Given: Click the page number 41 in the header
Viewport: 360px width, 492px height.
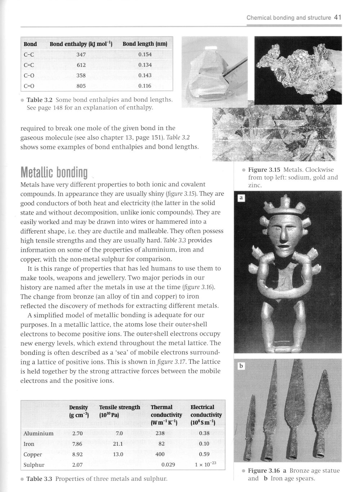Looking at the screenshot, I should pyautogui.click(x=337, y=17).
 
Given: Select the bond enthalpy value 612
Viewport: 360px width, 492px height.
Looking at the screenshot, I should pyautogui.click(x=81, y=65).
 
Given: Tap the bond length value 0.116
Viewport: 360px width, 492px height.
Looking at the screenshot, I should pyautogui.click(x=145, y=86).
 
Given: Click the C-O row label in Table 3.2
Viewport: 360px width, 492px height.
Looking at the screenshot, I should pyautogui.click(x=29, y=76).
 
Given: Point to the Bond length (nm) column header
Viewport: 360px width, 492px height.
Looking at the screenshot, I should pyautogui.click(x=145, y=44).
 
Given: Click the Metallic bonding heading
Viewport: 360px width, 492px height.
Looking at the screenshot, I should pyautogui.click(x=54, y=173).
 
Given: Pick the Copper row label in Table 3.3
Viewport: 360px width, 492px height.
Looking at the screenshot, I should pyautogui.click(x=33, y=455).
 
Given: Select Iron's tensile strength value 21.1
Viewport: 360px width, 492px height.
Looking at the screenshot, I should pyautogui.click(x=118, y=444).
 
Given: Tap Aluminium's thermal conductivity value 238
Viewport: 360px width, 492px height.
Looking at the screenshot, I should pyautogui.click(x=160, y=434).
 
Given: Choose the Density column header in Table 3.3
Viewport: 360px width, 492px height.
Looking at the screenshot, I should pyautogui.click(x=78, y=407).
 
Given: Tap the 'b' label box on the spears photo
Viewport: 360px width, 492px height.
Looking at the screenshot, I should pyautogui.click(x=241, y=366).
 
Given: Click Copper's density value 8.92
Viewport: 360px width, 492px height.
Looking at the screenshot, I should pyautogui.click(x=77, y=455).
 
